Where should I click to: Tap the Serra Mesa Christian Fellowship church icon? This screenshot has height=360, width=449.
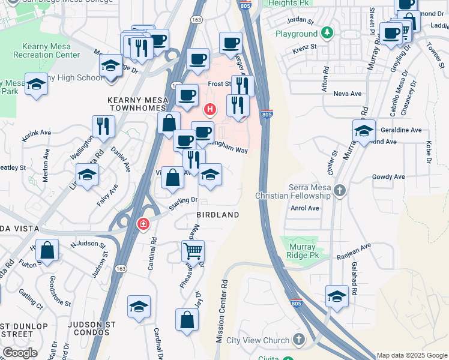(x=340, y=191)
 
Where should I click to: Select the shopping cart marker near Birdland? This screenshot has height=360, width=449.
(x=193, y=250)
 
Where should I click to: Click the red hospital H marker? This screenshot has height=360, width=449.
(x=209, y=109)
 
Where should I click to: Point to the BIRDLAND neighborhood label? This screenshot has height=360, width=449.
(x=218, y=215)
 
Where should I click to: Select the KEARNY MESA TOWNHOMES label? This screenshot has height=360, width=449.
(x=136, y=103)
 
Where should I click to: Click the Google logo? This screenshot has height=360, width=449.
(x=20, y=353)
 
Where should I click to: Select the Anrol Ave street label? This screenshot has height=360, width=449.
(x=304, y=208)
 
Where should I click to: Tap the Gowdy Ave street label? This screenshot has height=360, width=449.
(x=388, y=177)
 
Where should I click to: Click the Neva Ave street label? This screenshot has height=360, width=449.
(x=348, y=94)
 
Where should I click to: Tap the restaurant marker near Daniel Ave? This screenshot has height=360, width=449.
(x=103, y=127)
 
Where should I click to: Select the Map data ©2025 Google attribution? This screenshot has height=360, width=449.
(x=412, y=355)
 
